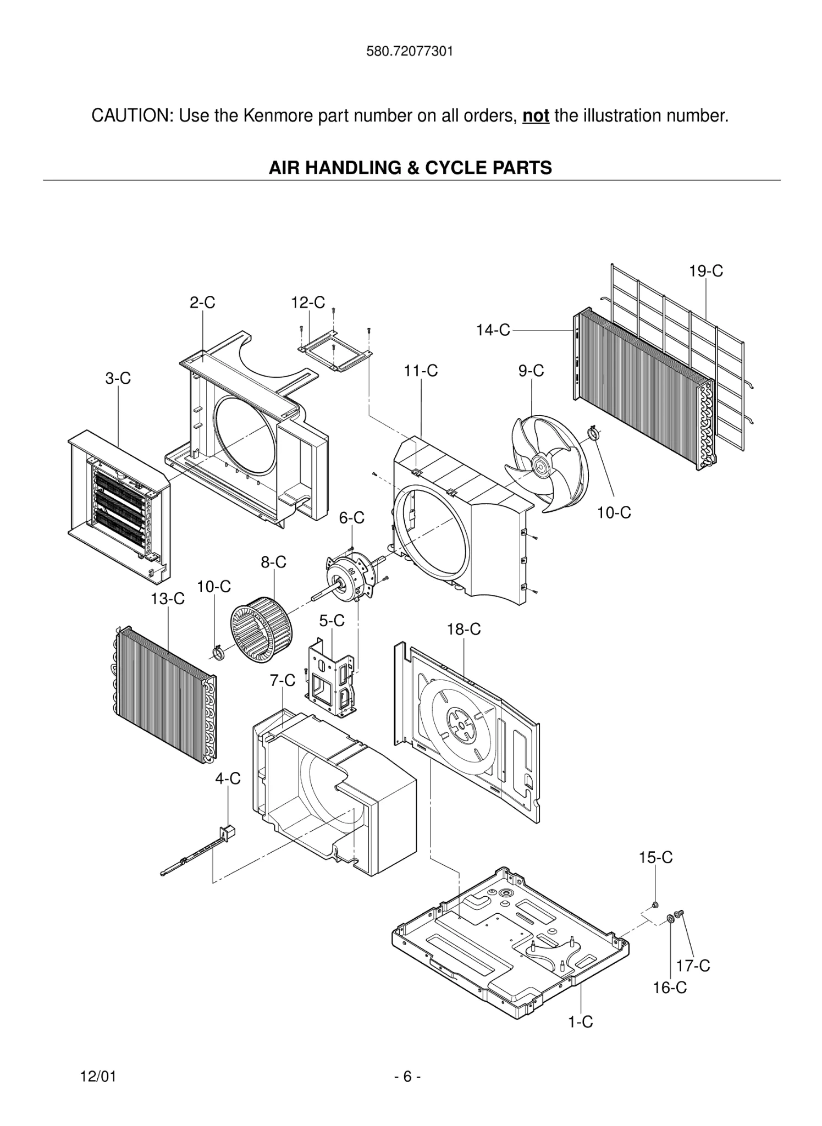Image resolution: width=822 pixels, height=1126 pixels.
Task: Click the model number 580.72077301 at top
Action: pyautogui.click(x=410, y=52)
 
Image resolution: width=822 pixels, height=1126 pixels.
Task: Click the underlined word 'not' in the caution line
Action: pyautogui.click(x=536, y=116)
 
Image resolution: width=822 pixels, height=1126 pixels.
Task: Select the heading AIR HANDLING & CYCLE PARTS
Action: pyautogui.click(x=410, y=168)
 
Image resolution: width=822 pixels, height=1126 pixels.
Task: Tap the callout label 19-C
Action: pyautogui.click(x=705, y=271)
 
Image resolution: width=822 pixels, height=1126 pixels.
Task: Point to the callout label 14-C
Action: pyautogui.click(x=493, y=330)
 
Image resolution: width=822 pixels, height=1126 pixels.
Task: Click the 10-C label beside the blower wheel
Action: pyautogui.click(x=214, y=587)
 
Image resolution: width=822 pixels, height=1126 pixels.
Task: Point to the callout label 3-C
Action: pyautogui.click(x=118, y=378)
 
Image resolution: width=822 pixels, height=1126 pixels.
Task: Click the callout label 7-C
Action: pyautogui.click(x=282, y=681)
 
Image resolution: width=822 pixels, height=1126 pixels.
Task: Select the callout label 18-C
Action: pyautogui.click(x=464, y=630)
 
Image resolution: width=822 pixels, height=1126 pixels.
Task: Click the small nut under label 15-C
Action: pyautogui.click(x=655, y=905)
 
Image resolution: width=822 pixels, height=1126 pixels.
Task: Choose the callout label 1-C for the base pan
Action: pyautogui.click(x=580, y=1022)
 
